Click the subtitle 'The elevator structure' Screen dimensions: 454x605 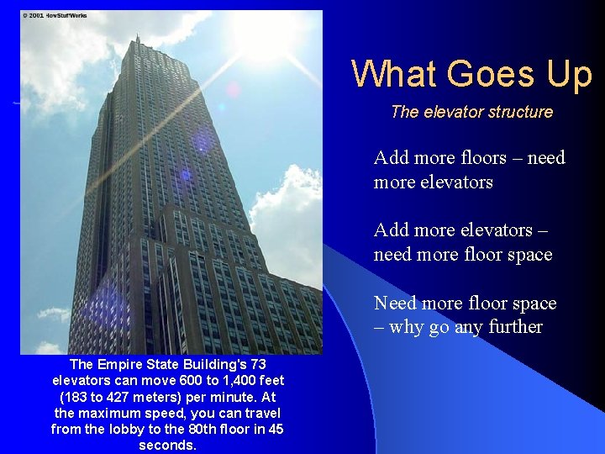pyautogui.click(x=471, y=112)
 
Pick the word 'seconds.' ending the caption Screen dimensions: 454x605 pyautogui.click(x=167, y=445)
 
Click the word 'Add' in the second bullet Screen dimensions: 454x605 pyautogui.click(x=391, y=230)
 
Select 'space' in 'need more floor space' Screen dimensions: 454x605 pyautogui.click(x=526, y=254)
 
